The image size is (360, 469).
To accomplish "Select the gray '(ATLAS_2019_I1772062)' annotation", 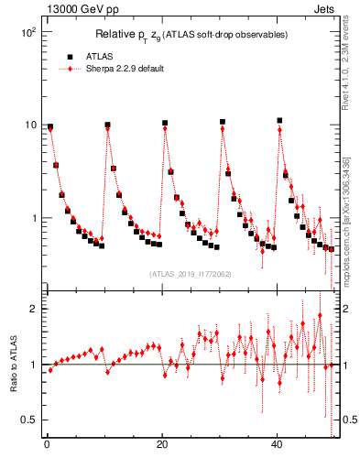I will [190, 273].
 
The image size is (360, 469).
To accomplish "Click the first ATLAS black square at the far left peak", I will [50, 127].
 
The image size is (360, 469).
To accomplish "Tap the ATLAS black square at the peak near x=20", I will [165, 123].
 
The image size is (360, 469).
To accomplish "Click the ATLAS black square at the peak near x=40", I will [279, 120].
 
